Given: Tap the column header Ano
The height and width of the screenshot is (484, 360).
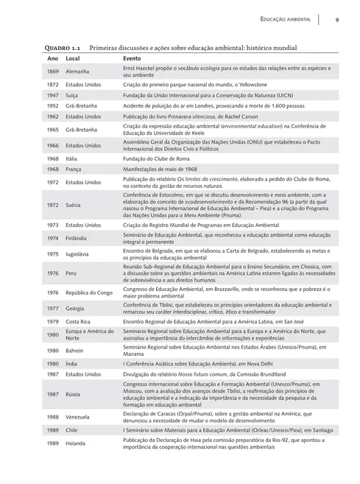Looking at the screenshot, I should [x=53, y=57].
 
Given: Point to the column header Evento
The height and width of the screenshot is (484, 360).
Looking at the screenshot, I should [x=132, y=57].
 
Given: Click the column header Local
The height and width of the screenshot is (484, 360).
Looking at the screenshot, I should [x=73, y=57].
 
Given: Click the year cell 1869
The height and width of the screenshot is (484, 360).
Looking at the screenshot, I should [x=53, y=71].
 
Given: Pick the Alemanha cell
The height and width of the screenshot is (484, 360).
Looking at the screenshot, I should [x=77, y=71].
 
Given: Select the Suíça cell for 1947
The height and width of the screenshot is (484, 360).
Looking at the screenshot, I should [x=73, y=95].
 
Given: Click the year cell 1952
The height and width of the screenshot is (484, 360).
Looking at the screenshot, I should [x=53, y=105].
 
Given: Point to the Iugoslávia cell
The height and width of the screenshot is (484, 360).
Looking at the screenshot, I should [x=79, y=254].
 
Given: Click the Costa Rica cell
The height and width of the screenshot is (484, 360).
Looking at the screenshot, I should [x=79, y=322].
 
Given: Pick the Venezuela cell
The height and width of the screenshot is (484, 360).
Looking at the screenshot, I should [x=80, y=416].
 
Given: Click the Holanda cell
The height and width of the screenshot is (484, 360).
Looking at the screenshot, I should [x=77, y=444].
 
